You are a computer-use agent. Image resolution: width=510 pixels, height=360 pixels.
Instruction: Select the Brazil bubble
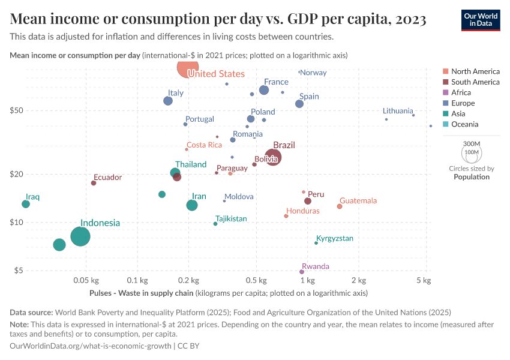click(x=272, y=157)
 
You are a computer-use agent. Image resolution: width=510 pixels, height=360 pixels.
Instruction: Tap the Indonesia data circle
click(x=80, y=236)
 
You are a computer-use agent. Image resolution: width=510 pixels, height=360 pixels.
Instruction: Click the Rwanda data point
click(x=302, y=272)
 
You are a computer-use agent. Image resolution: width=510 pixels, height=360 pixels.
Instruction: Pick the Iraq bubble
click(x=26, y=204)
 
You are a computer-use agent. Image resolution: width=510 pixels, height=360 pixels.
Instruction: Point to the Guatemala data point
click(x=340, y=206)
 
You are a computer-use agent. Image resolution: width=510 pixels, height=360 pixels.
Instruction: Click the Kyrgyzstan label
click(x=335, y=238)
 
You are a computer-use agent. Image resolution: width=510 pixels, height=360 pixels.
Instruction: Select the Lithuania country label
click(x=398, y=111)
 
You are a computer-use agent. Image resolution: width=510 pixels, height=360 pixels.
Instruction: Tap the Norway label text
click(x=313, y=73)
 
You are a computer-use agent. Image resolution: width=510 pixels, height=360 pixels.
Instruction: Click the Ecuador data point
click(x=94, y=183)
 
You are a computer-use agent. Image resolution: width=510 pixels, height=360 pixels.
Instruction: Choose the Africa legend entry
click(x=461, y=92)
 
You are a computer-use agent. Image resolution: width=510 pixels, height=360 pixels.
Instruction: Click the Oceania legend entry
click(x=465, y=124)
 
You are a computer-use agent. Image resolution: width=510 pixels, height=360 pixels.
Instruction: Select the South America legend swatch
click(x=445, y=82)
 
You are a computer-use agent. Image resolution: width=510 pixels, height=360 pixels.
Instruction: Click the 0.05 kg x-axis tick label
click(x=86, y=280)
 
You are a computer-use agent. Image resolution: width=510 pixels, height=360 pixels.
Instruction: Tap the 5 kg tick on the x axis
click(x=427, y=280)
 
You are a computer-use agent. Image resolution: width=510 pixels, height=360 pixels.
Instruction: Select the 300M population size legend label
click(x=472, y=144)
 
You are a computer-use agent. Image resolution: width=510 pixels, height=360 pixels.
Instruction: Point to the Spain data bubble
click(x=299, y=104)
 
